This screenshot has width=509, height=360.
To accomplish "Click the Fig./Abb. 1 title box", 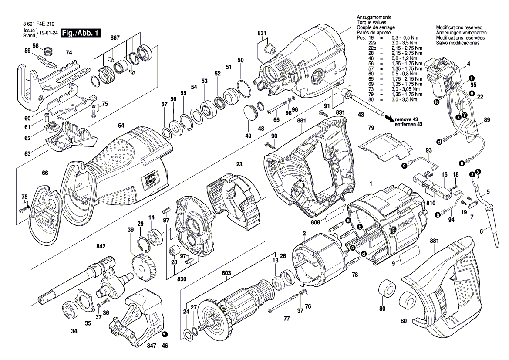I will click(81, 33).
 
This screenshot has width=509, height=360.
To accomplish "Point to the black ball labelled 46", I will click(165, 334).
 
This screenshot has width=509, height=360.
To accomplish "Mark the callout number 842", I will click(101, 247).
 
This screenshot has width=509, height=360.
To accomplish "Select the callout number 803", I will click(226, 273).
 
